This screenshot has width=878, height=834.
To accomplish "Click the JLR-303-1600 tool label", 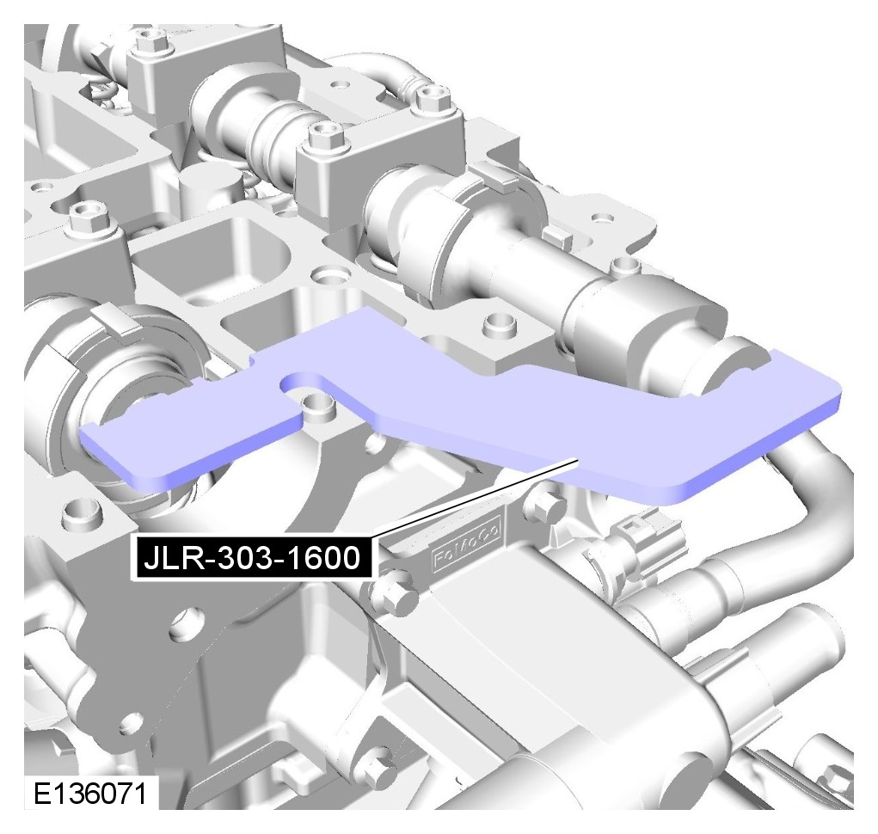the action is (251, 558).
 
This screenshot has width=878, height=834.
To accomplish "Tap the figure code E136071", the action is (90, 793).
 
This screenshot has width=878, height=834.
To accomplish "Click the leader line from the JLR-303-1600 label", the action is (475, 500).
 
